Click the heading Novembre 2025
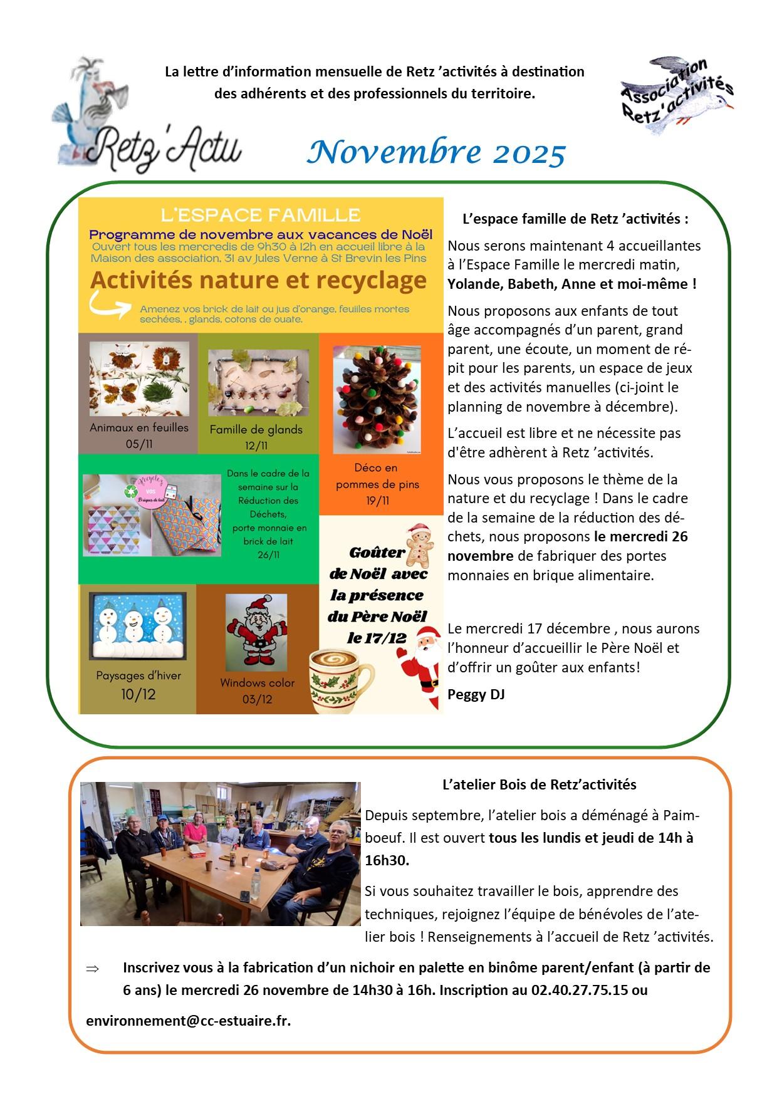click(437, 153)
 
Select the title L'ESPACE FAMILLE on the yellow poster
click(260, 216)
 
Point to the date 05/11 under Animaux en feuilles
click(138, 444)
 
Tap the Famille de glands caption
click(256, 430)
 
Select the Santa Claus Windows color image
click(256, 632)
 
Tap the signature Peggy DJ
click(476, 694)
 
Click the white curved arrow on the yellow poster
click(110, 305)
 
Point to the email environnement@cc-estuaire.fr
click(188, 1021)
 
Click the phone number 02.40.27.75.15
click(580, 991)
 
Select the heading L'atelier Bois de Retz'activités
click(539, 784)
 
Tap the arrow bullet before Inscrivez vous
click(93, 969)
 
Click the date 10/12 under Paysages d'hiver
click(138, 694)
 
